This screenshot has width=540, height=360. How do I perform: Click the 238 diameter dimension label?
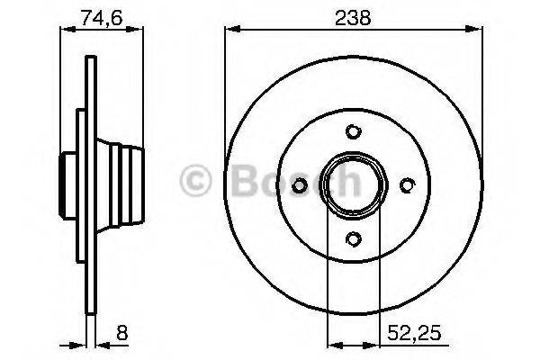tap(353, 15)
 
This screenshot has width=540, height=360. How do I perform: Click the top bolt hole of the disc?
tap(354, 131)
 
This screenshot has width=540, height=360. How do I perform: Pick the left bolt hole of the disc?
tap(301, 184)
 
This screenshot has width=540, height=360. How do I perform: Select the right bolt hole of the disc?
tap(407, 184)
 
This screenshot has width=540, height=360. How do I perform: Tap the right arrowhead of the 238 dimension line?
tap(478, 29)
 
